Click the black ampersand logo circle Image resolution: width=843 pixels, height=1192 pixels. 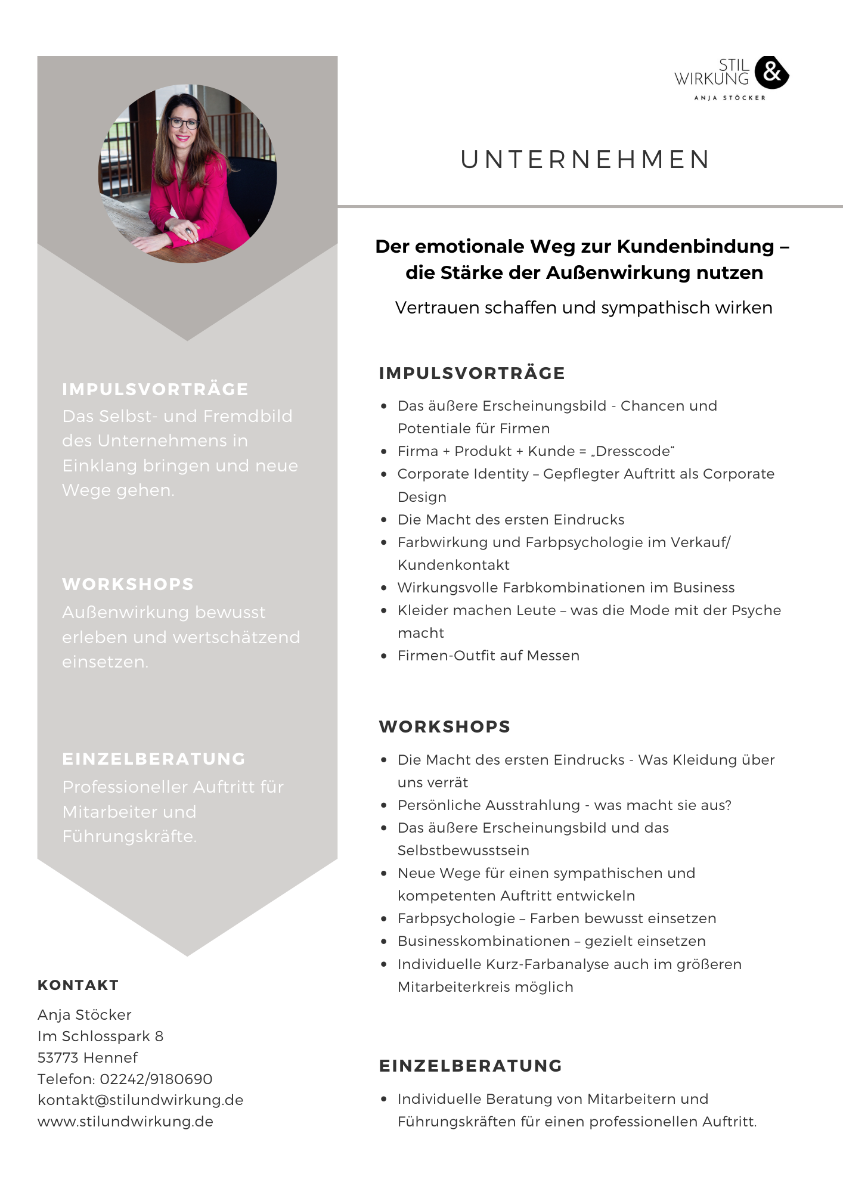coord(771,73)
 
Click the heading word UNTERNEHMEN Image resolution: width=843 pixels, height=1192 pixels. coord(585,160)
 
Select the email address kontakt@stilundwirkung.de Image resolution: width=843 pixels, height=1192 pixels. coord(140,1100)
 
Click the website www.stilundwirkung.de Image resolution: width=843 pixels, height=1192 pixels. coord(125,1121)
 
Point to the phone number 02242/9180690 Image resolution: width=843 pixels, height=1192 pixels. coord(156,1079)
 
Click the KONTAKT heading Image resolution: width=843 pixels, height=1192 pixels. coord(78,985)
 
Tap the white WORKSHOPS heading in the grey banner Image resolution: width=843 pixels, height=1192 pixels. coord(128,584)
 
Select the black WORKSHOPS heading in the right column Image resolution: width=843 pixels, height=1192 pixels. coord(445,727)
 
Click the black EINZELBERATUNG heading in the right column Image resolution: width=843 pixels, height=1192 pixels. coord(470,1066)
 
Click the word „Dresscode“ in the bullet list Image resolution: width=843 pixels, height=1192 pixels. coord(632,451)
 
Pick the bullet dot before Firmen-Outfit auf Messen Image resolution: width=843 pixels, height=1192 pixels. coord(384,656)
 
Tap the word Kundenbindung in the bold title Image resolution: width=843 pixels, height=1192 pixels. coord(695,246)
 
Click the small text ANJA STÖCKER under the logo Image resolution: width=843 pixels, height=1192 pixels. coord(729,98)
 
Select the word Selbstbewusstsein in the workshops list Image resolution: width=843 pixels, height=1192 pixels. coord(463,850)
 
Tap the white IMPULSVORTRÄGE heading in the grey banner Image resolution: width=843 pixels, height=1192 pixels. coord(155,389)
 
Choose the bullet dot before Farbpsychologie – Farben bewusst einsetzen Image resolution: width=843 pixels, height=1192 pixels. coord(384,918)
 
